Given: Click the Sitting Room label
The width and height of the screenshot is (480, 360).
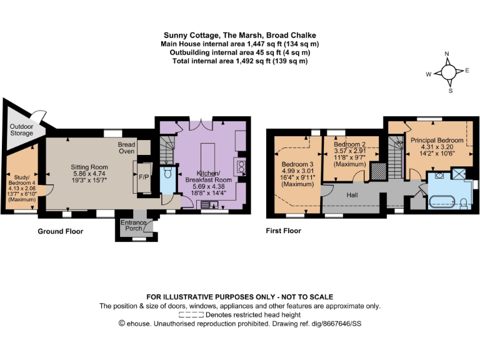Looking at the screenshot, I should (89, 167).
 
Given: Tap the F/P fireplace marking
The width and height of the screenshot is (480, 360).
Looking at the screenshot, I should (143, 177).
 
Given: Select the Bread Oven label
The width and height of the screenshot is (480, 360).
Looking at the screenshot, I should (127, 147).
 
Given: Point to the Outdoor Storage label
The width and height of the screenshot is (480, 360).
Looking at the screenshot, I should (21, 129).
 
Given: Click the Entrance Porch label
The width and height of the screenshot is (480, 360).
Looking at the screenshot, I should (133, 226).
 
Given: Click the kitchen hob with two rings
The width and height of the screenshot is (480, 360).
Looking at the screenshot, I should (240, 166).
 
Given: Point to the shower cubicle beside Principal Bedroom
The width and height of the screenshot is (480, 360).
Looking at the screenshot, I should (459, 173).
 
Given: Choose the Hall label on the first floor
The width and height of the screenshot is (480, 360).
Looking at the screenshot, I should (352, 195).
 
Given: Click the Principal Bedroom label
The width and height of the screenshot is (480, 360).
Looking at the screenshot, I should (437, 140).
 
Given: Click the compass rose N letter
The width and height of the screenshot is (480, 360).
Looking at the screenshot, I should (448, 54).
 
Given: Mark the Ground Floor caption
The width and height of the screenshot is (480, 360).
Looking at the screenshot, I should (60, 231).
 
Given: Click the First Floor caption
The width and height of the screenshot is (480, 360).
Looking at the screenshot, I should (283, 231).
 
